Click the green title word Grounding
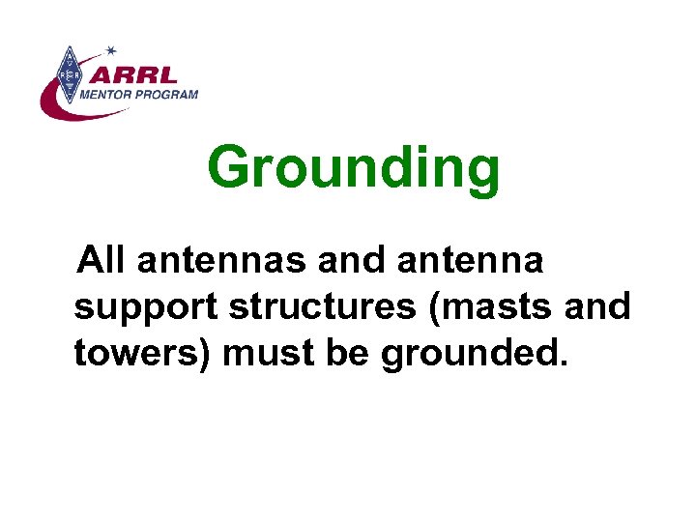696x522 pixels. [x=353, y=169]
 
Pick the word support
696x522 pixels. [x=145, y=307]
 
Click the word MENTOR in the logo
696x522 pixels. [x=114, y=94]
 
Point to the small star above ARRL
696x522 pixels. [x=111, y=50]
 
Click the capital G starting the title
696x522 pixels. [x=230, y=169]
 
